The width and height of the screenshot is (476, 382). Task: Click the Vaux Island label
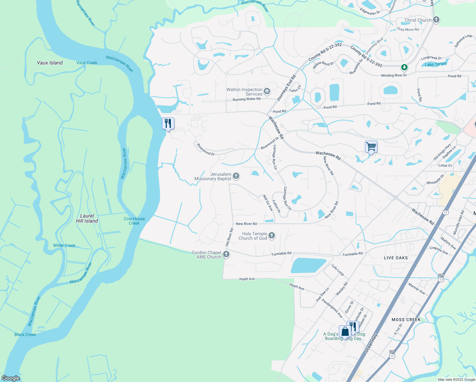[50, 63]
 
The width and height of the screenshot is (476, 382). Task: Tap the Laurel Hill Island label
[87, 218]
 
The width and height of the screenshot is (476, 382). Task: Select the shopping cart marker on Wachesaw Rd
[371, 147]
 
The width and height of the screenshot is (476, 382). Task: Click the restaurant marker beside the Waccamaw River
[168, 124]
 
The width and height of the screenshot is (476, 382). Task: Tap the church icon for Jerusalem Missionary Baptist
[236, 176]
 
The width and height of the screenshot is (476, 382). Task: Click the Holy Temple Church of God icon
[271, 236]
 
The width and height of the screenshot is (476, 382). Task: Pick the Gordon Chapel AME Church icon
[226, 254]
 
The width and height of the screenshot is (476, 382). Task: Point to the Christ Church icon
[436, 20]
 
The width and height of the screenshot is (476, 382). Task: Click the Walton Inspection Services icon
[267, 92]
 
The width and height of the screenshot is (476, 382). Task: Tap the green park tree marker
[404, 67]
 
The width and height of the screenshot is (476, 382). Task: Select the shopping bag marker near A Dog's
[345, 332]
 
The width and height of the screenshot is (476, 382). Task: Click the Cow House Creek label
[134, 221]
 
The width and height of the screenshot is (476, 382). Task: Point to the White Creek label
[64, 245]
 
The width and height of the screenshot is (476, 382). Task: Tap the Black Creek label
[25, 335]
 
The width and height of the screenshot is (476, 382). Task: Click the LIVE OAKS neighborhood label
[396, 258]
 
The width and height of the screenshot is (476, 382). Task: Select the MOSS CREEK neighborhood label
[406, 320]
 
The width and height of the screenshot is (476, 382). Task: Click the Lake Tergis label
[436, 64]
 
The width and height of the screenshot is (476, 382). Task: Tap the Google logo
[11, 378]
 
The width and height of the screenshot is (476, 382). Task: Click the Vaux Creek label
[87, 63]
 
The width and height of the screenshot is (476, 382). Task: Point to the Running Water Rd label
[247, 99]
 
